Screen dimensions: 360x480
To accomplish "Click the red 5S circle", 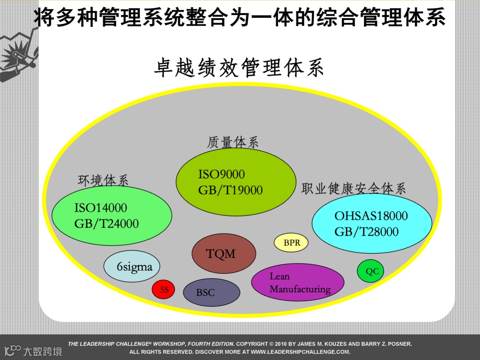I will coord(164,290).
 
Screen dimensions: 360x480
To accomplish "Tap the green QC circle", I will coord(371,271).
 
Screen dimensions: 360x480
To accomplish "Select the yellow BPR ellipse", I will coord(292,243).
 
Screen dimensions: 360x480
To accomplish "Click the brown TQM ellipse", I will coord(224,253).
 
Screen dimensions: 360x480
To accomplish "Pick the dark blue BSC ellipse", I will coord(212,292).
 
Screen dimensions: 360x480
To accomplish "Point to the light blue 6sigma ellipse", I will coord(132,267).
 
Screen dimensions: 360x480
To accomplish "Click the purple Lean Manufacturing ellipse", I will coord(298,282).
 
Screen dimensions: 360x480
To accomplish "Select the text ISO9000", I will coord(221,174).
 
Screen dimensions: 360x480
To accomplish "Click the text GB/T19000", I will coord(230,190).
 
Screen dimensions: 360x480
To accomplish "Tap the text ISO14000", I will coord(100,208).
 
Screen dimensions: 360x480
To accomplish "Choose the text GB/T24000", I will coord(106,224).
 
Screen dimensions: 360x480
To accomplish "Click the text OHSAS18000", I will coord(371,216).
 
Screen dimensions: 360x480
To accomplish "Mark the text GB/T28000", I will coord(366,232).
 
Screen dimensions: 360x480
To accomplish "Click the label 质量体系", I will coord(232,142).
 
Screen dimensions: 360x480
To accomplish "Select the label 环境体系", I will coord(103,180).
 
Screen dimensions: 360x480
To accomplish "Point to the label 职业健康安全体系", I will coord(354,188).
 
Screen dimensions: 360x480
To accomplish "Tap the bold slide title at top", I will coord(240,18).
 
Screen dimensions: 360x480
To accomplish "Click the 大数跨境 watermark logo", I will coord(34,350).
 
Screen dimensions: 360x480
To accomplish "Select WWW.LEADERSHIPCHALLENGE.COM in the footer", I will coord(300,352).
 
